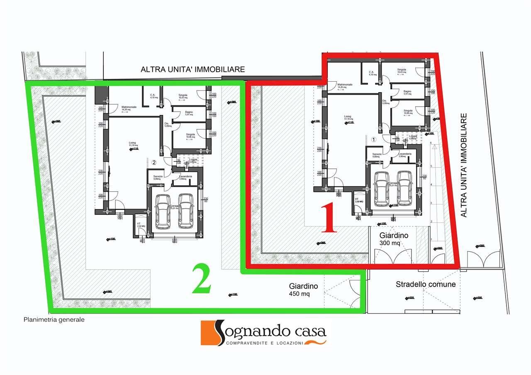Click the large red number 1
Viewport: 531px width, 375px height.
tap(329, 217)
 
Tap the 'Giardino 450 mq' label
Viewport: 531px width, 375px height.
tap(304, 290)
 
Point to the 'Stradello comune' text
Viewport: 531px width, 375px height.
tap(426, 285)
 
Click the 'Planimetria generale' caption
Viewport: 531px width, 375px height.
tap(54, 319)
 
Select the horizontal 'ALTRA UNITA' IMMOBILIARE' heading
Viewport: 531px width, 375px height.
tap(193, 69)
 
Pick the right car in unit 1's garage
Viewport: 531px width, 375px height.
tap(404, 188)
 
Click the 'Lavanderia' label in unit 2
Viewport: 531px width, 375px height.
tap(185, 177)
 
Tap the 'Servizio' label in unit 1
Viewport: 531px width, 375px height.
tap(376, 154)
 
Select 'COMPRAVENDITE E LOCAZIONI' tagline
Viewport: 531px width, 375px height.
tap(265, 343)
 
